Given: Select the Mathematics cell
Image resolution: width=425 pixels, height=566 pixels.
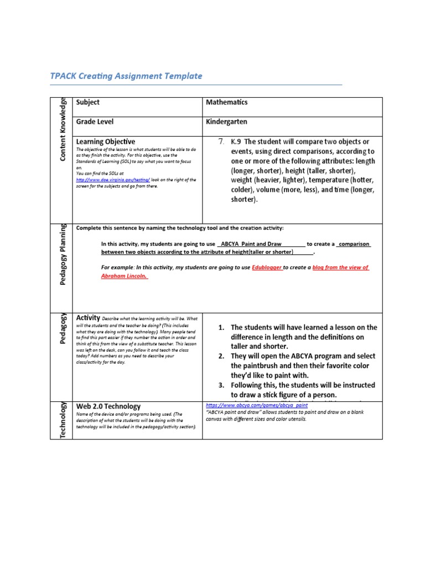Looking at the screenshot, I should click(226, 102).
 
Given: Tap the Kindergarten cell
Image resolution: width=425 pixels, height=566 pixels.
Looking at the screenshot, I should click(226, 122).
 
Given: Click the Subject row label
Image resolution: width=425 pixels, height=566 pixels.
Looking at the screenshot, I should click(87, 102).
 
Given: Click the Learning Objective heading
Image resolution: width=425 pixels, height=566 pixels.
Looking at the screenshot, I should click(105, 141).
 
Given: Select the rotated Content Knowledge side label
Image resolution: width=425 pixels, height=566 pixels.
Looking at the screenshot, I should click(64, 129).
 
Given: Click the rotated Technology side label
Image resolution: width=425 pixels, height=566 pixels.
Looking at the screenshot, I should click(64, 420).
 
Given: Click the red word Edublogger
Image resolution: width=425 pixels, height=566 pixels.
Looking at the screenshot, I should click(267, 268).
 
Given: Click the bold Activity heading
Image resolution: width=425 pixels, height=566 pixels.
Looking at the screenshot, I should click(87, 318).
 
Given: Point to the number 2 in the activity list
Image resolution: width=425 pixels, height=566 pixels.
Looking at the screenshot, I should click(221, 355).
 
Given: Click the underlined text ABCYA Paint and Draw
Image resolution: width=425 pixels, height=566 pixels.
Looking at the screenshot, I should click(251, 244).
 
